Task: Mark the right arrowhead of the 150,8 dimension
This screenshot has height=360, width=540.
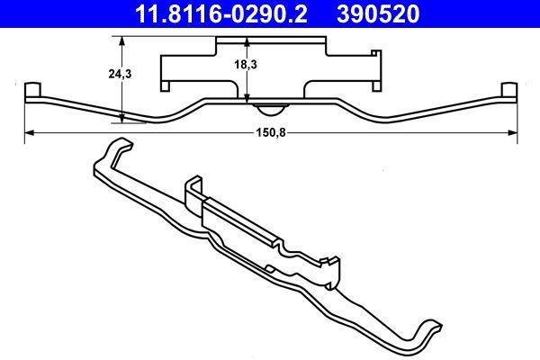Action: click(x=515, y=132)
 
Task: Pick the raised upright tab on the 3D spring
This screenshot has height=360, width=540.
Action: click(x=194, y=189)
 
